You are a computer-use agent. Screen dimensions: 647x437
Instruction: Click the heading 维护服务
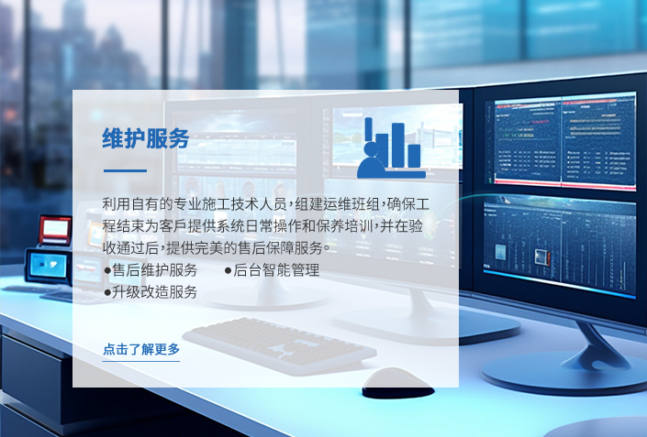[146, 138]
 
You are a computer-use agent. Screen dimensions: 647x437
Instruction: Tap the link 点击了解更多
[141, 349]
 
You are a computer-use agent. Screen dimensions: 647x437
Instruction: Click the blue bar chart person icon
[391, 147]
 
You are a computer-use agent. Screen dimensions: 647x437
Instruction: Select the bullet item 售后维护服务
[151, 270]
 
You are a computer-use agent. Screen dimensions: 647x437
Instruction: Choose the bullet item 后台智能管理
[272, 270]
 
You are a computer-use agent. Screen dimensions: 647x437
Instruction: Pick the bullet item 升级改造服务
[151, 292]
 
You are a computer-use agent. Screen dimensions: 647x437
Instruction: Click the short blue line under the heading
[125, 170]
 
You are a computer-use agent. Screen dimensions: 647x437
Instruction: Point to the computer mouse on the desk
[397, 383]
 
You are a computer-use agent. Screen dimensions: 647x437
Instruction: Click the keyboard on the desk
[280, 345]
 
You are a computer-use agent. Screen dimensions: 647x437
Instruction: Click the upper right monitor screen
[564, 141]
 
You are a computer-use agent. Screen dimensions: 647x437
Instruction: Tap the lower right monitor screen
[560, 245]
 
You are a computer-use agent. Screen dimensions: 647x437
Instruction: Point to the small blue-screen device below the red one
[48, 266]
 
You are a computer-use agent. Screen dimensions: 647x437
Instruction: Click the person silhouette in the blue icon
[371, 160]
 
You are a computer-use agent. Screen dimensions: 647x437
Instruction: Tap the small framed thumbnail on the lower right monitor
[541, 257]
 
